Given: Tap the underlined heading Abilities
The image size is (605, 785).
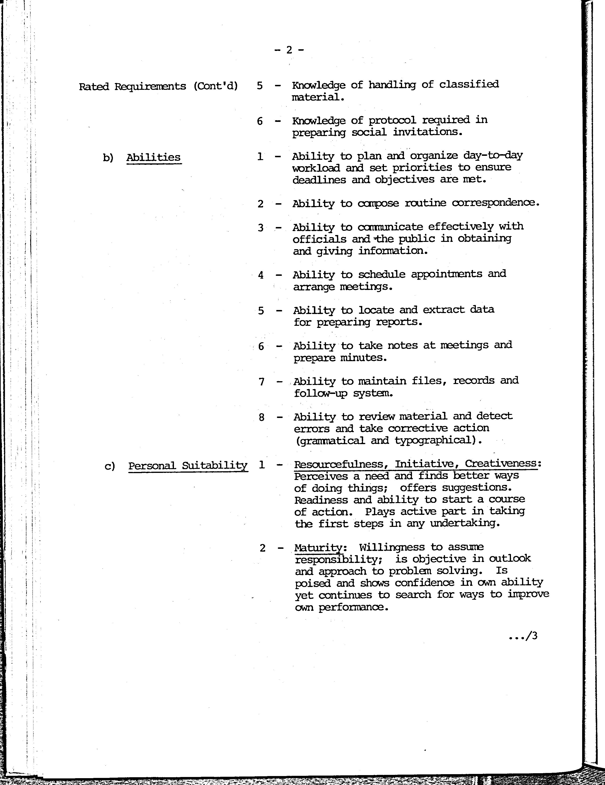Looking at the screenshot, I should point(153,157).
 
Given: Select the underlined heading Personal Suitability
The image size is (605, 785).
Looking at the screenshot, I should point(188,466).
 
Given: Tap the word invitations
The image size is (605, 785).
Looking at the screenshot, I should point(427,132).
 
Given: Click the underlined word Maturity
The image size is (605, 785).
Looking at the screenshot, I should point(318,548).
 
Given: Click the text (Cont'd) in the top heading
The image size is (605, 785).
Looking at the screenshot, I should point(216,87).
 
